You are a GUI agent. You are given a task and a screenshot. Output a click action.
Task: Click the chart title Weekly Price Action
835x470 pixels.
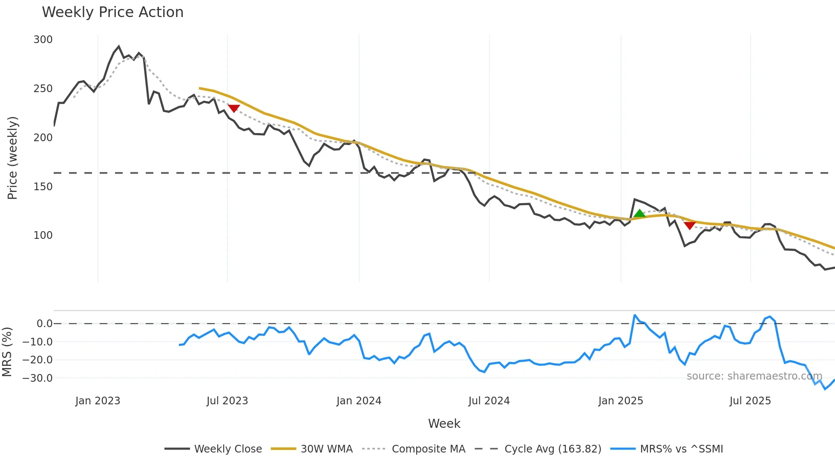112,12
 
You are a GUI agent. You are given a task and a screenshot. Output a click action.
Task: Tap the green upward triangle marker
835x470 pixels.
639,214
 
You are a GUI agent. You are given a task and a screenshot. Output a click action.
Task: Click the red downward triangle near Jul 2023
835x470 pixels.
234,108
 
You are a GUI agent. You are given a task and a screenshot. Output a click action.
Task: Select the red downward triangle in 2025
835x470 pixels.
690,225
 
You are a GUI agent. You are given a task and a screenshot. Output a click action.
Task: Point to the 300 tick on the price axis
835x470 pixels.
43,40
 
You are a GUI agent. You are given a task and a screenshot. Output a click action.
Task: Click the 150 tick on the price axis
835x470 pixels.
43,187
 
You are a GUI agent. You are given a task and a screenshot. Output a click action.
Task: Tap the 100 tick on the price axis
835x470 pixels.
43,235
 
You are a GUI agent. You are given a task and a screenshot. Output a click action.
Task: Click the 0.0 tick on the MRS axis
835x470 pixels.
44,324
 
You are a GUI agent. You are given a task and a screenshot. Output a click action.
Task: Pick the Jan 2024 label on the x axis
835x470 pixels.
359,401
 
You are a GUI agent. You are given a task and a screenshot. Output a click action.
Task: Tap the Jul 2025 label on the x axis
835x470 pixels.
750,401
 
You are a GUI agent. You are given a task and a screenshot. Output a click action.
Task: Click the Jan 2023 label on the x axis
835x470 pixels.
98,401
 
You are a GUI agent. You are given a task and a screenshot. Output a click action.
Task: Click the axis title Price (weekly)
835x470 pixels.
13,158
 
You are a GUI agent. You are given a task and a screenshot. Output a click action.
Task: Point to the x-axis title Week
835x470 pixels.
444,424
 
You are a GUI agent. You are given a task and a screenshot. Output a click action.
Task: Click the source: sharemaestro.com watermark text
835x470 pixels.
754,376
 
